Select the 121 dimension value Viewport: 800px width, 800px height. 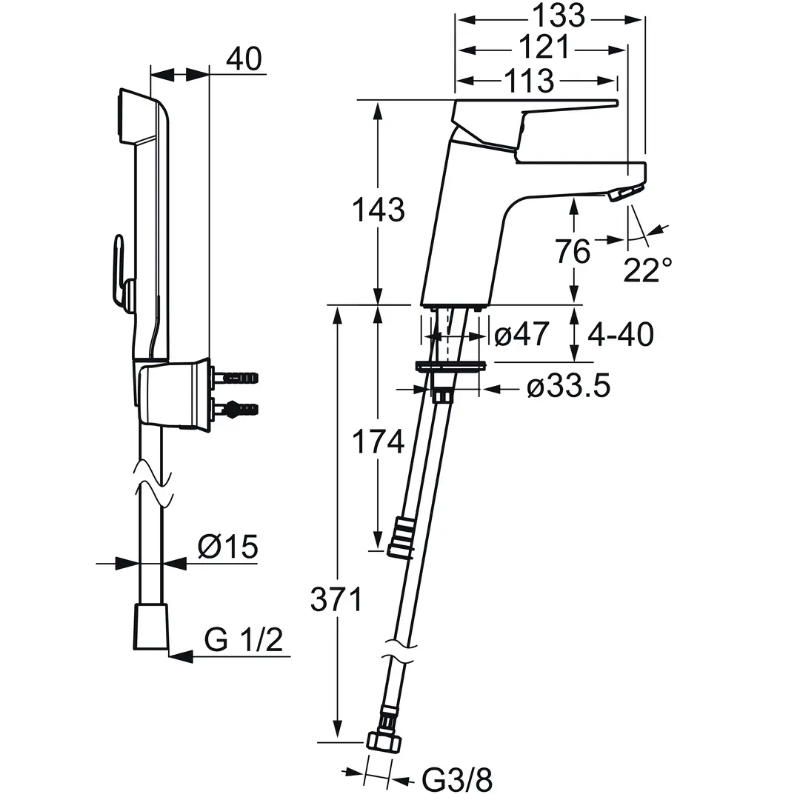[544, 47]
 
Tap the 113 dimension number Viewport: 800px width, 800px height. [529, 81]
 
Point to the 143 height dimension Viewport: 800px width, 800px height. [378, 210]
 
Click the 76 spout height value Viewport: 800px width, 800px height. [573, 252]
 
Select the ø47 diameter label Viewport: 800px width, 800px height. [522, 334]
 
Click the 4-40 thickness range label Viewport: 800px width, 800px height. [621, 335]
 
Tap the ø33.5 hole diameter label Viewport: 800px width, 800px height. [568, 387]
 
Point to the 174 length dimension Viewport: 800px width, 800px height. [378, 441]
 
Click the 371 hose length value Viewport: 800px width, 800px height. [336, 599]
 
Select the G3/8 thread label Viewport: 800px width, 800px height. [457, 779]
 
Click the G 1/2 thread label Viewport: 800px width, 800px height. [244, 639]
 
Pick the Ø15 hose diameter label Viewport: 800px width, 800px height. [228, 547]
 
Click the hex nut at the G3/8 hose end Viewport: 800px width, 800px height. [384, 741]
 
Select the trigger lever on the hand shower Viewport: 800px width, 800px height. [121, 271]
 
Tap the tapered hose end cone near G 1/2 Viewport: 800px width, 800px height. [150, 627]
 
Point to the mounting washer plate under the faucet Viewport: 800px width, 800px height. [450, 366]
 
